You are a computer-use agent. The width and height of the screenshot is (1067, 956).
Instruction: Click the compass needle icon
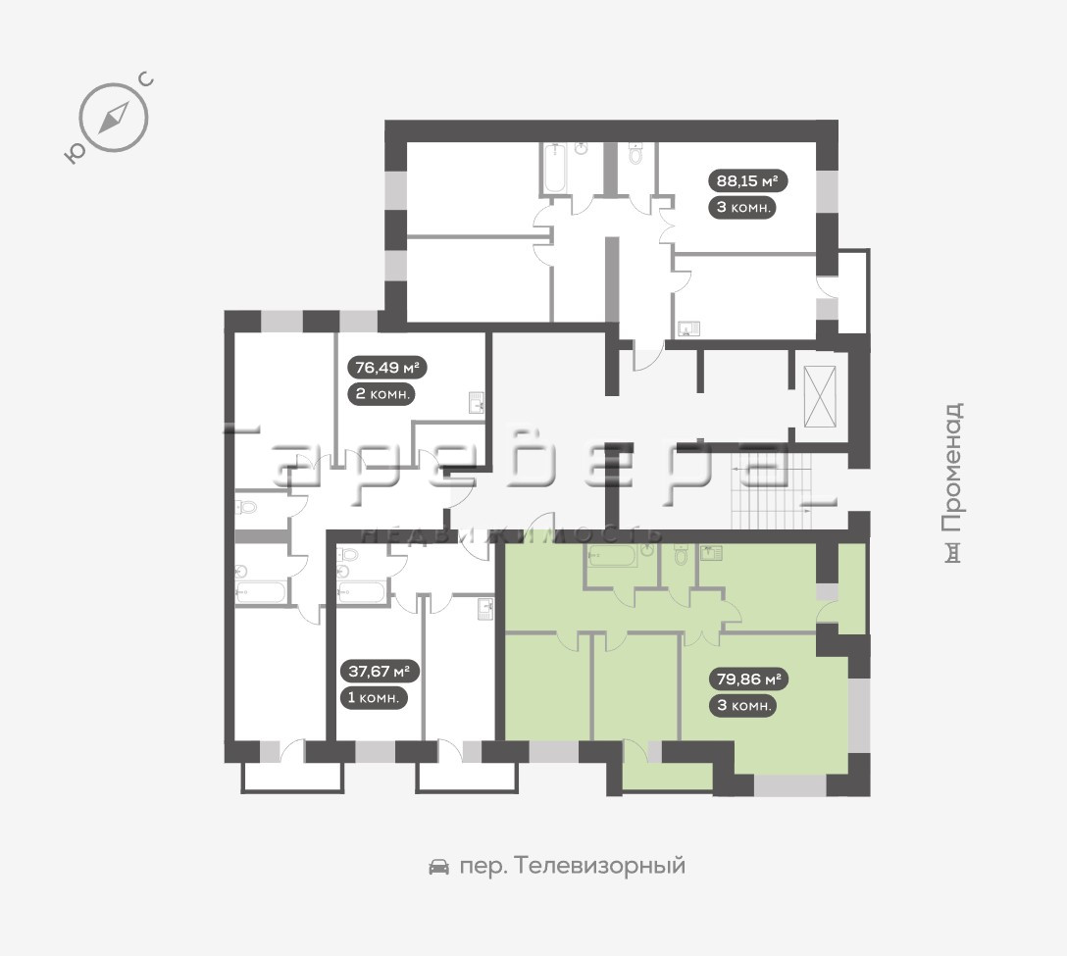coord(114,118)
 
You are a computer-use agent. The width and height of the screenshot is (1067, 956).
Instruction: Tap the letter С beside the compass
coord(146,80)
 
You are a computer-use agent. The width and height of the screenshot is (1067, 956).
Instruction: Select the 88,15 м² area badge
coord(748,181)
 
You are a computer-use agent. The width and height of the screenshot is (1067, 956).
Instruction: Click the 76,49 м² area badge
coord(387,368)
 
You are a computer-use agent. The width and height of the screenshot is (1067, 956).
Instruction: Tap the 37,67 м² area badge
coord(379,672)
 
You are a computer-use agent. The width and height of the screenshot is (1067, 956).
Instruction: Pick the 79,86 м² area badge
coord(748,679)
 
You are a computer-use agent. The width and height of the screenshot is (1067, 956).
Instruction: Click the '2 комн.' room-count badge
coord(381,394)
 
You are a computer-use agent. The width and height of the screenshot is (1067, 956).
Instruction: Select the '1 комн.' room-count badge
coord(374,697)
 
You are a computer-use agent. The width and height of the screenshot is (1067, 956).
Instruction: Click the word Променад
coord(953,468)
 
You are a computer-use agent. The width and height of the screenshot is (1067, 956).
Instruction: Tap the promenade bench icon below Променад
coord(954,553)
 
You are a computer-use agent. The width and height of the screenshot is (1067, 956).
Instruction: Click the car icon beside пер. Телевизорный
coord(439,866)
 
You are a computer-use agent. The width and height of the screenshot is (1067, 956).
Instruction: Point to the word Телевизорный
coord(600,866)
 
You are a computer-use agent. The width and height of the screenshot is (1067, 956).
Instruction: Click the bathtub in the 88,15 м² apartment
coord(554,168)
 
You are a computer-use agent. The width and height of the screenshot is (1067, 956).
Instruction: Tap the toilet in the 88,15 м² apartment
coord(635,153)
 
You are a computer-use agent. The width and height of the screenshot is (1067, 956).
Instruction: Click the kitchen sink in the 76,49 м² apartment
coord(476,403)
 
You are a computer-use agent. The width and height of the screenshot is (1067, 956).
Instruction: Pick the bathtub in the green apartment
coord(612,556)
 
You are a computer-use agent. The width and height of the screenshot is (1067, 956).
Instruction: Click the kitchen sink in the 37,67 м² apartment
coord(484,610)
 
